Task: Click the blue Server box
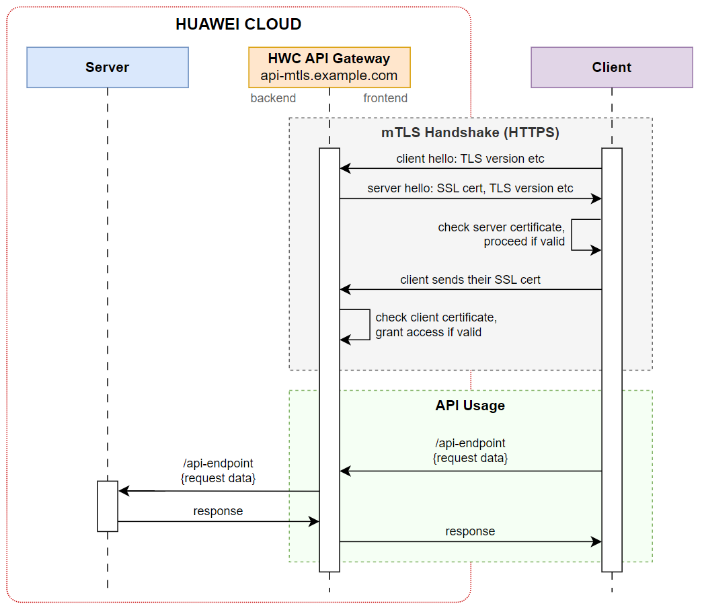(x=108, y=67)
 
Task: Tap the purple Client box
(x=611, y=67)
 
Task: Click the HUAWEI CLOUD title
(x=238, y=25)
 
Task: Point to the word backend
(x=273, y=98)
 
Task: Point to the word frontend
(x=385, y=98)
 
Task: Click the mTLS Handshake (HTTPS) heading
(x=470, y=132)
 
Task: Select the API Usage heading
(x=470, y=406)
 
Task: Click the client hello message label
(x=470, y=159)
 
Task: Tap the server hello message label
(x=470, y=188)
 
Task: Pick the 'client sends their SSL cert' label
(x=470, y=280)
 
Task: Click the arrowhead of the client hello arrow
(x=344, y=168)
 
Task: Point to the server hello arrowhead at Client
(x=597, y=199)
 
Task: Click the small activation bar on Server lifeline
(x=108, y=506)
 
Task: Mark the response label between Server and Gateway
(x=218, y=511)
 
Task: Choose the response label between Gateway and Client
(x=470, y=531)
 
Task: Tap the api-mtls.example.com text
(x=329, y=75)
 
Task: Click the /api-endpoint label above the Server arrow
(x=218, y=463)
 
